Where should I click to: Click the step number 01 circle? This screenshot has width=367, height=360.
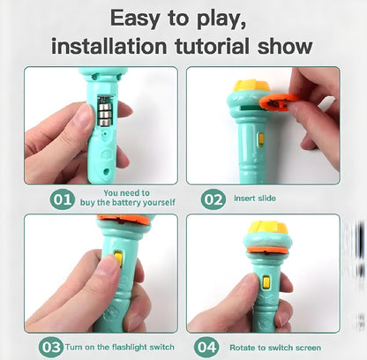(x=62, y=199)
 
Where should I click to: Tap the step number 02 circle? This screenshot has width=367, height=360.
(x=213, y=199)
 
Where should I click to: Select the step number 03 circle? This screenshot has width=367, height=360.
(x=51, y=347)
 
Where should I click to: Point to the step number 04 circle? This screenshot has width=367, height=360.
(x=206, y=347)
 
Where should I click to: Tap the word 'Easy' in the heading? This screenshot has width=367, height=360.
(x=135, y=19)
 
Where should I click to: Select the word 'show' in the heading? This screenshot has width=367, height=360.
(x=285, y=46)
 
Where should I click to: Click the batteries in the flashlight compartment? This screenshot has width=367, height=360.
(x=106, y=111)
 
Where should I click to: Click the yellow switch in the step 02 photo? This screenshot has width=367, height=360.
(x=260, y=140)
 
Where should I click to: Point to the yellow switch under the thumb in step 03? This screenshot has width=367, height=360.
(x=118, y=259)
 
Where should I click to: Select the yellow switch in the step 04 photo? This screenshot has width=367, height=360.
(x=266, y=282)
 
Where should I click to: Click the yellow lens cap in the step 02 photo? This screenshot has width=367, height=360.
(x=251, y=86)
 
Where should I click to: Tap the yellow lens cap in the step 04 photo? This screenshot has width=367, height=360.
(x=267, y=228)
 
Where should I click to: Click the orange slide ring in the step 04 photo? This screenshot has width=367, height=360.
(x=267, y=251)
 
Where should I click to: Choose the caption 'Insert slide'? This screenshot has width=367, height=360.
(x=255, y=199)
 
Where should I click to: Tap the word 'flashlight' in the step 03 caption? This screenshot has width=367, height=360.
(x=130, y=348)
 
